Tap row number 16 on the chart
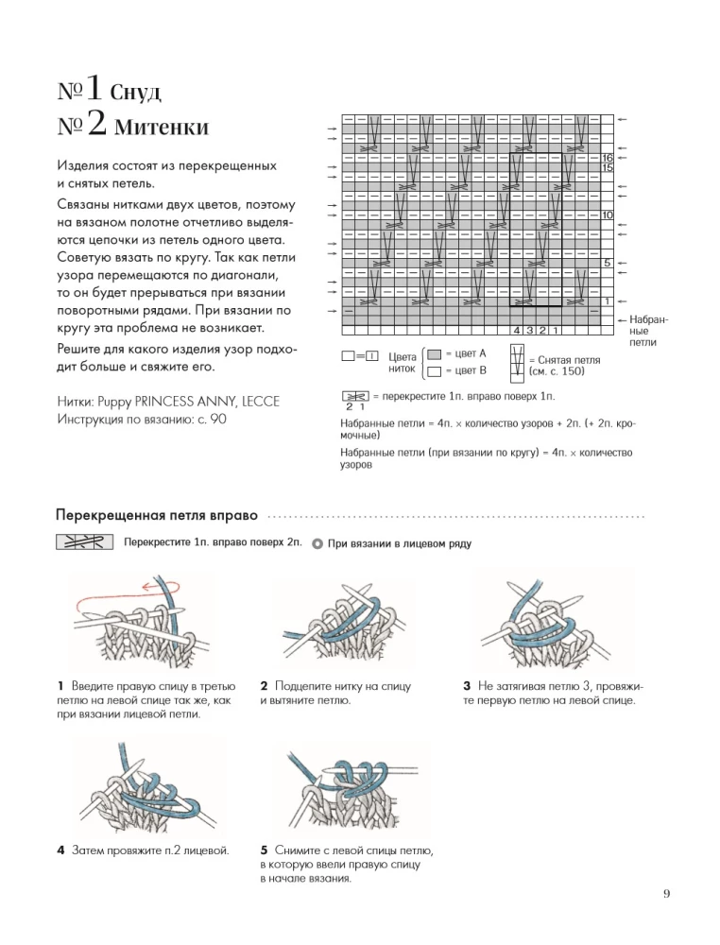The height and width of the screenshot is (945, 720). point(608,158)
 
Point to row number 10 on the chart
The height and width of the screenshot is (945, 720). point(608,215)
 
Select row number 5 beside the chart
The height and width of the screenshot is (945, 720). point(608,263)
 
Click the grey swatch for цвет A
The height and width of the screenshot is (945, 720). point(432,353)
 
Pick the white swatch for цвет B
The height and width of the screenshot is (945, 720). point(432,370)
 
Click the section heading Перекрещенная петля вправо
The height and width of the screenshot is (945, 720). point(157,517)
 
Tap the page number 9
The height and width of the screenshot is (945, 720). point(666,914)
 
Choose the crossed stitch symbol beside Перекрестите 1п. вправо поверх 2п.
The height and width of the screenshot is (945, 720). point(84,542)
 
